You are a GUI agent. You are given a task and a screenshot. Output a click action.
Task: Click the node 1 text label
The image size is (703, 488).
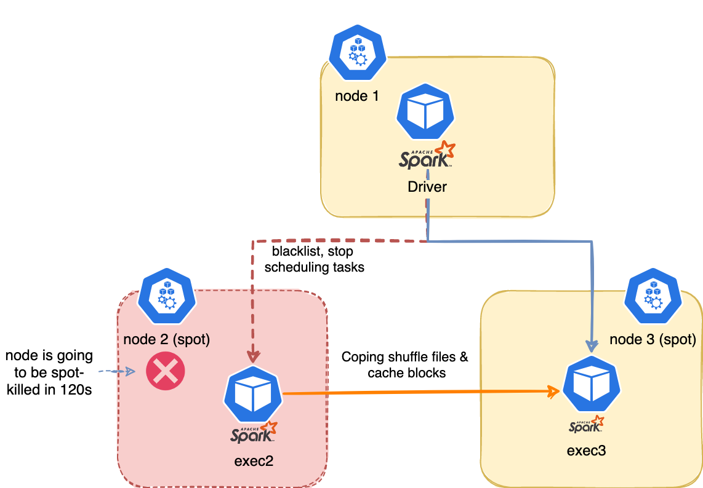coord(356,96)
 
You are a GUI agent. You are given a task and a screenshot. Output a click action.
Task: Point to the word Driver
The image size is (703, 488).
coord(427,187)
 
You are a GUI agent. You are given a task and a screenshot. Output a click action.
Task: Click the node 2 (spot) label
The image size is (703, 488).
coord(167,339)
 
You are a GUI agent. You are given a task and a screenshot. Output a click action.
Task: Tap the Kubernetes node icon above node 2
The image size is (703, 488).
coord(167,296)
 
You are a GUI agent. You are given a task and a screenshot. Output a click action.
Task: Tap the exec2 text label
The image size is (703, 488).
coord(254,462)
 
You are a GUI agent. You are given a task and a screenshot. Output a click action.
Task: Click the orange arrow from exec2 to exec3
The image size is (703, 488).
coord(419,392)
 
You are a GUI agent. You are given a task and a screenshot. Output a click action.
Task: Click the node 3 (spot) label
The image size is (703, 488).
coord(653,339)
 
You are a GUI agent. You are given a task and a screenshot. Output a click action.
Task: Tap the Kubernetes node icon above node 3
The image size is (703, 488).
coord(653,296)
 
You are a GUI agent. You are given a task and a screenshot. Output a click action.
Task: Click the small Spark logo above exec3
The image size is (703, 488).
coord(586,425)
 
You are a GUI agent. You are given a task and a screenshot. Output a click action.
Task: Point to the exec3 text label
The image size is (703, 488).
coord(586,451)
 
